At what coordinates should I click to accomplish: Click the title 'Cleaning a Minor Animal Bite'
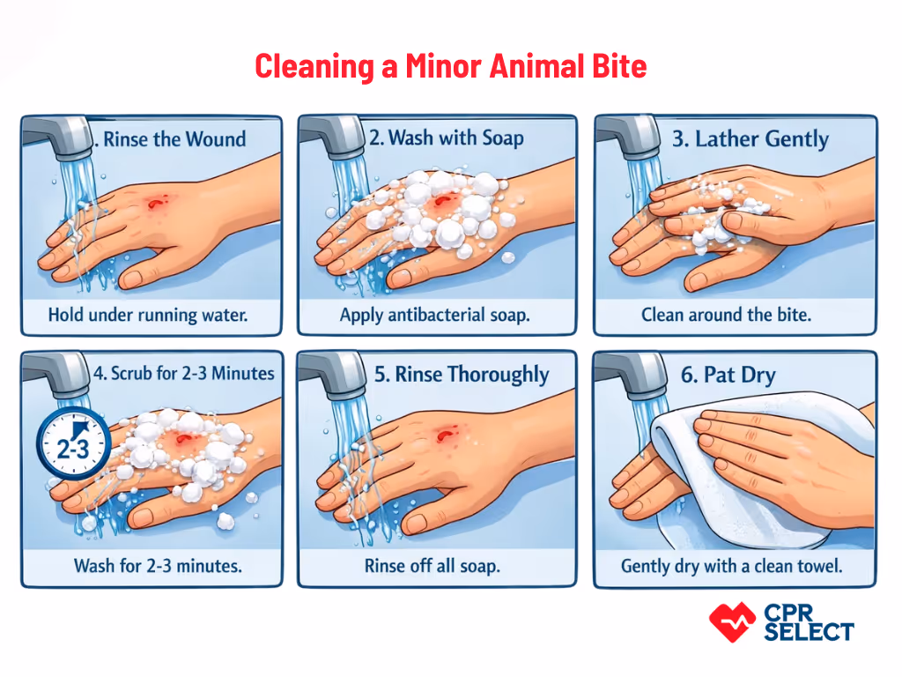point(450,66)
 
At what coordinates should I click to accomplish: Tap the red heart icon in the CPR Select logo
point(731,621)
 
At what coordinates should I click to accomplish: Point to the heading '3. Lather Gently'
point(750,139)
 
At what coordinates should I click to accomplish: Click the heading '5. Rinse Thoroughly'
point(461,374)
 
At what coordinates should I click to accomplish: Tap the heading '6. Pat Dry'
point(728,375)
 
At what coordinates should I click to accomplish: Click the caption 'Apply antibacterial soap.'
point(434,315)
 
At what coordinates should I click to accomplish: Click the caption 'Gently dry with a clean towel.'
point(731,565)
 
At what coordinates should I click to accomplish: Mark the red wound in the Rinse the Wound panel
point(156,204)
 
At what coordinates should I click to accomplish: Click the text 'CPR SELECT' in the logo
point(808,622)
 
